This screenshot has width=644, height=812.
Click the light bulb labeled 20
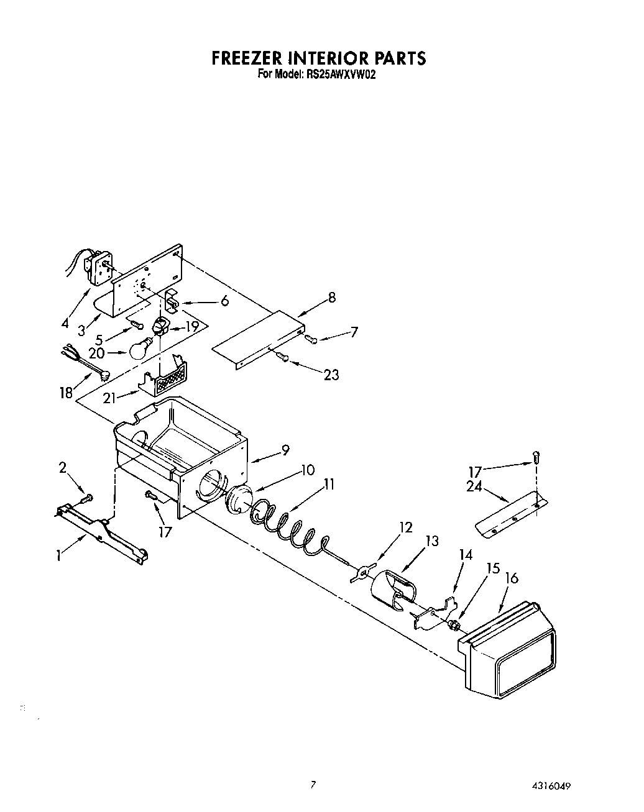tap(140, 349)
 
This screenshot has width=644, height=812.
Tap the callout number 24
tap(475, 487)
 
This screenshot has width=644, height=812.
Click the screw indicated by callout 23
tap(283, 357)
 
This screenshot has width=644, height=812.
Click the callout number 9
tap(285, 450)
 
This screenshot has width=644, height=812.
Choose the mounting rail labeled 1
tap(103, 528)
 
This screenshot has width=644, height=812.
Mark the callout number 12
tap(405, 527)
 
